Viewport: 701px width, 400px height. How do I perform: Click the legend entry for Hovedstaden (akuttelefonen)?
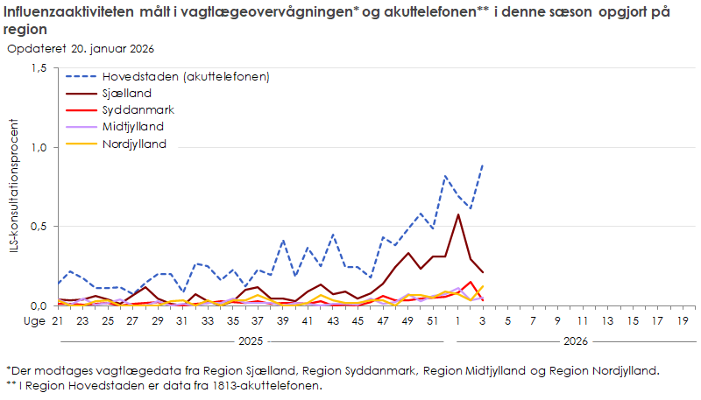click(185, 76)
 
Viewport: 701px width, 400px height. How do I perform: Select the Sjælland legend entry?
click(127, 93)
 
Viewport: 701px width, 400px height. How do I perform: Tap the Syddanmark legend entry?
click(138, 110)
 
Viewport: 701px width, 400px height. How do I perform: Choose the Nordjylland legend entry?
click(134, 144)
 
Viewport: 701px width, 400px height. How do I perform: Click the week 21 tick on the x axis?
click(59, 321)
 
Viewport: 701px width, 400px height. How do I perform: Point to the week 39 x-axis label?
click(282, 321)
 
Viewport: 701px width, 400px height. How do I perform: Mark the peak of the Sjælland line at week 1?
click(457, 214)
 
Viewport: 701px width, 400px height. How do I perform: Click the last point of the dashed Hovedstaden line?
click(482, 165)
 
